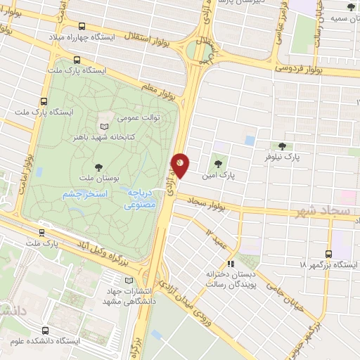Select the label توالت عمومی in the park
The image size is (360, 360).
coord(139,117)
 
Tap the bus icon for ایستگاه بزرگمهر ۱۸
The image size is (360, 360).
coord(328,254)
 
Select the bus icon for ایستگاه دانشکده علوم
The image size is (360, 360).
coord(46,330)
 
